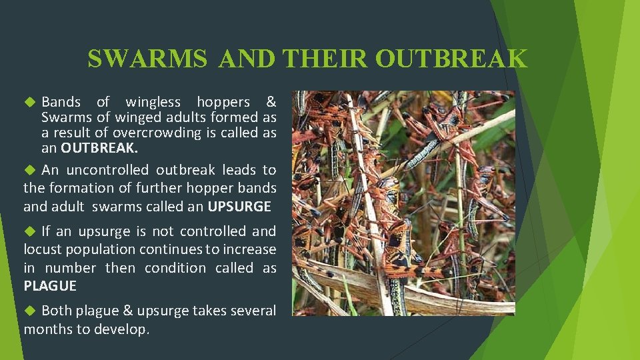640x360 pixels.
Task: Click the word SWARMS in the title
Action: pyautogui.click(x=147, y=59)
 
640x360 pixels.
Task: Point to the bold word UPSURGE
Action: pyautogui.click(x=239, y=207)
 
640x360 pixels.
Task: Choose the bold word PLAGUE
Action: pyautogui.click(x=50, y=286)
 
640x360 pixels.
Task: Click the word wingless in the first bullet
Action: pyautogui.click(x=153, y=102)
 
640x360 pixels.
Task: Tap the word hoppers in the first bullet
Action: pyautogui.click(x=223, y=102)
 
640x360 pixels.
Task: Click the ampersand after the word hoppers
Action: pyautogui.click(x=271, y=102)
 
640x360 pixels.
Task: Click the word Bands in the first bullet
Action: pyautogui.click(x=61, y=102)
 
